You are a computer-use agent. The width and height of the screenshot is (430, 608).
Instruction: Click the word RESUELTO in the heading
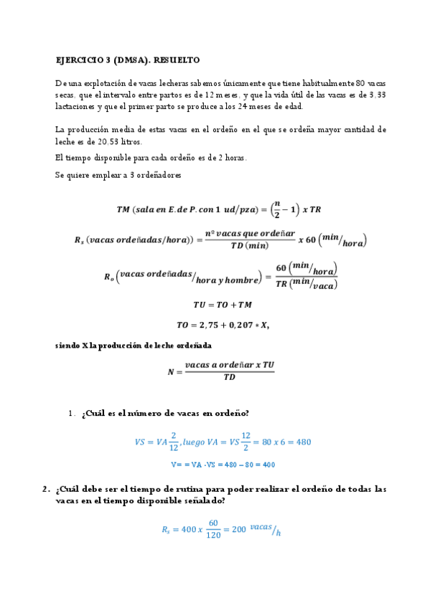click(x=176, y=60)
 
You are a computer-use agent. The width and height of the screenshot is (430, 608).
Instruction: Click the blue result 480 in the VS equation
click(x=303, y=442)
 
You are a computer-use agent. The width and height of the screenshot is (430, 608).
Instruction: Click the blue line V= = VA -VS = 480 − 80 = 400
click(x=223, y=465)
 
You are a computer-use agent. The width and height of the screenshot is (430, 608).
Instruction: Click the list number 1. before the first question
click(x=72, y=414)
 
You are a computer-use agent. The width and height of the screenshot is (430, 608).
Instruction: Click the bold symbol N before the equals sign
click(x=170, y=371)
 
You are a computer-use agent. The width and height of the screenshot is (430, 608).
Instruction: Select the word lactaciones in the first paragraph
click(x=76, y=106)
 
